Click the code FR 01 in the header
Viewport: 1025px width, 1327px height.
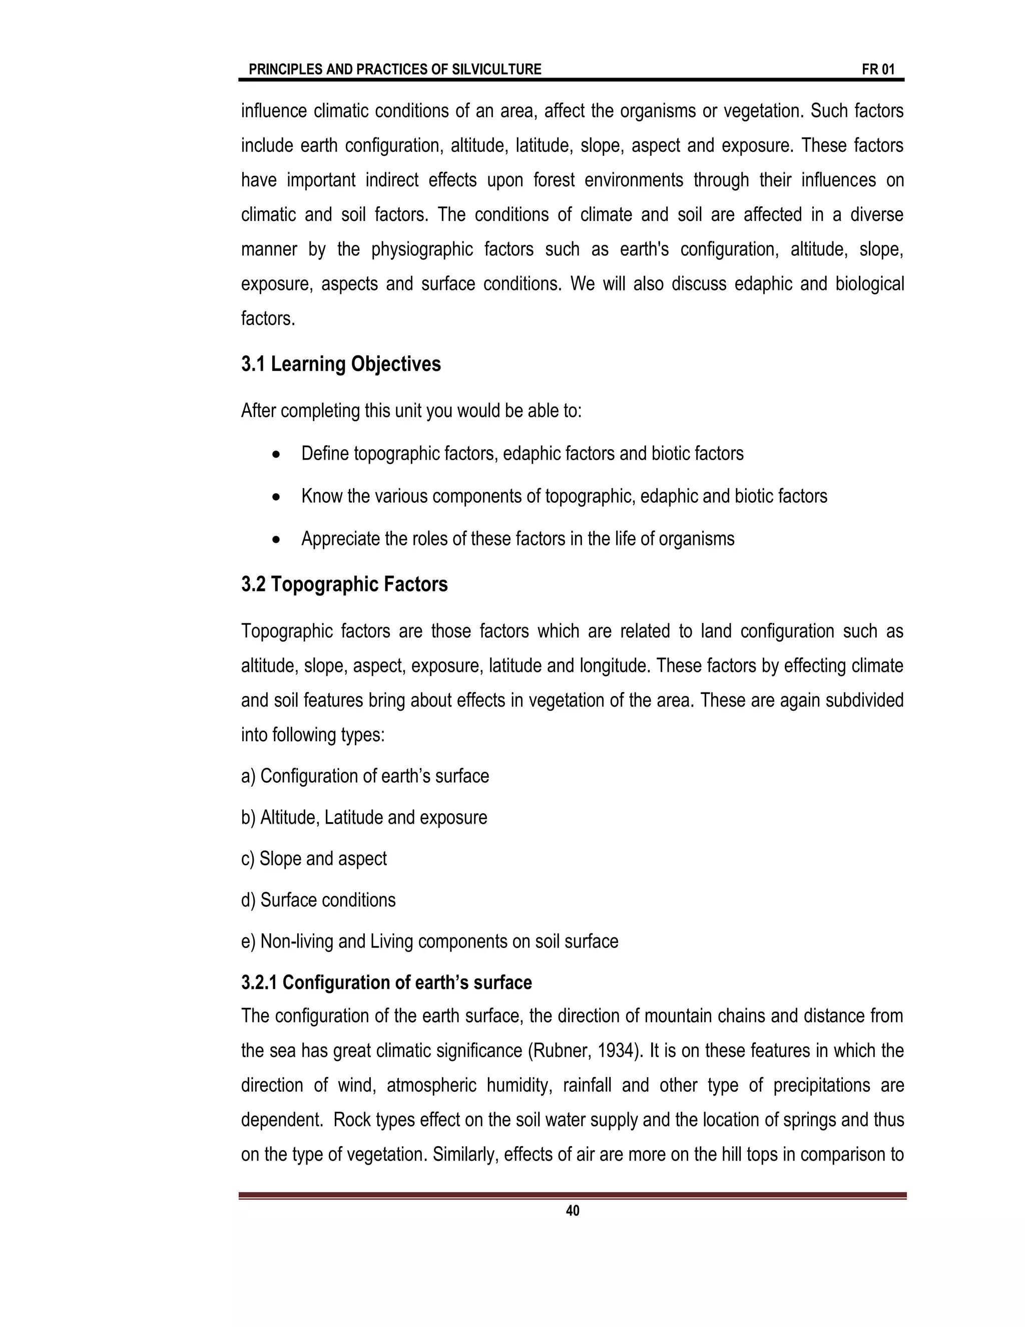point(877,69)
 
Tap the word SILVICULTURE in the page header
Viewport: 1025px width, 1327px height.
point(496,69)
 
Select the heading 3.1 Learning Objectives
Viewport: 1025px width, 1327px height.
point(341,364)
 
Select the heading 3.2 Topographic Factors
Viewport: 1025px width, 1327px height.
point(344,584)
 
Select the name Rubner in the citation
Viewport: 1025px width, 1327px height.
point(558,1051)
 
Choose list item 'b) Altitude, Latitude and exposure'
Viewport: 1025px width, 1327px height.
point(364,817)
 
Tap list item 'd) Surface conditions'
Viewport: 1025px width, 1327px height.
point(318,900)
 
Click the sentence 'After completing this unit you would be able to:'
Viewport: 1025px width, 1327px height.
point(411,411)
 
